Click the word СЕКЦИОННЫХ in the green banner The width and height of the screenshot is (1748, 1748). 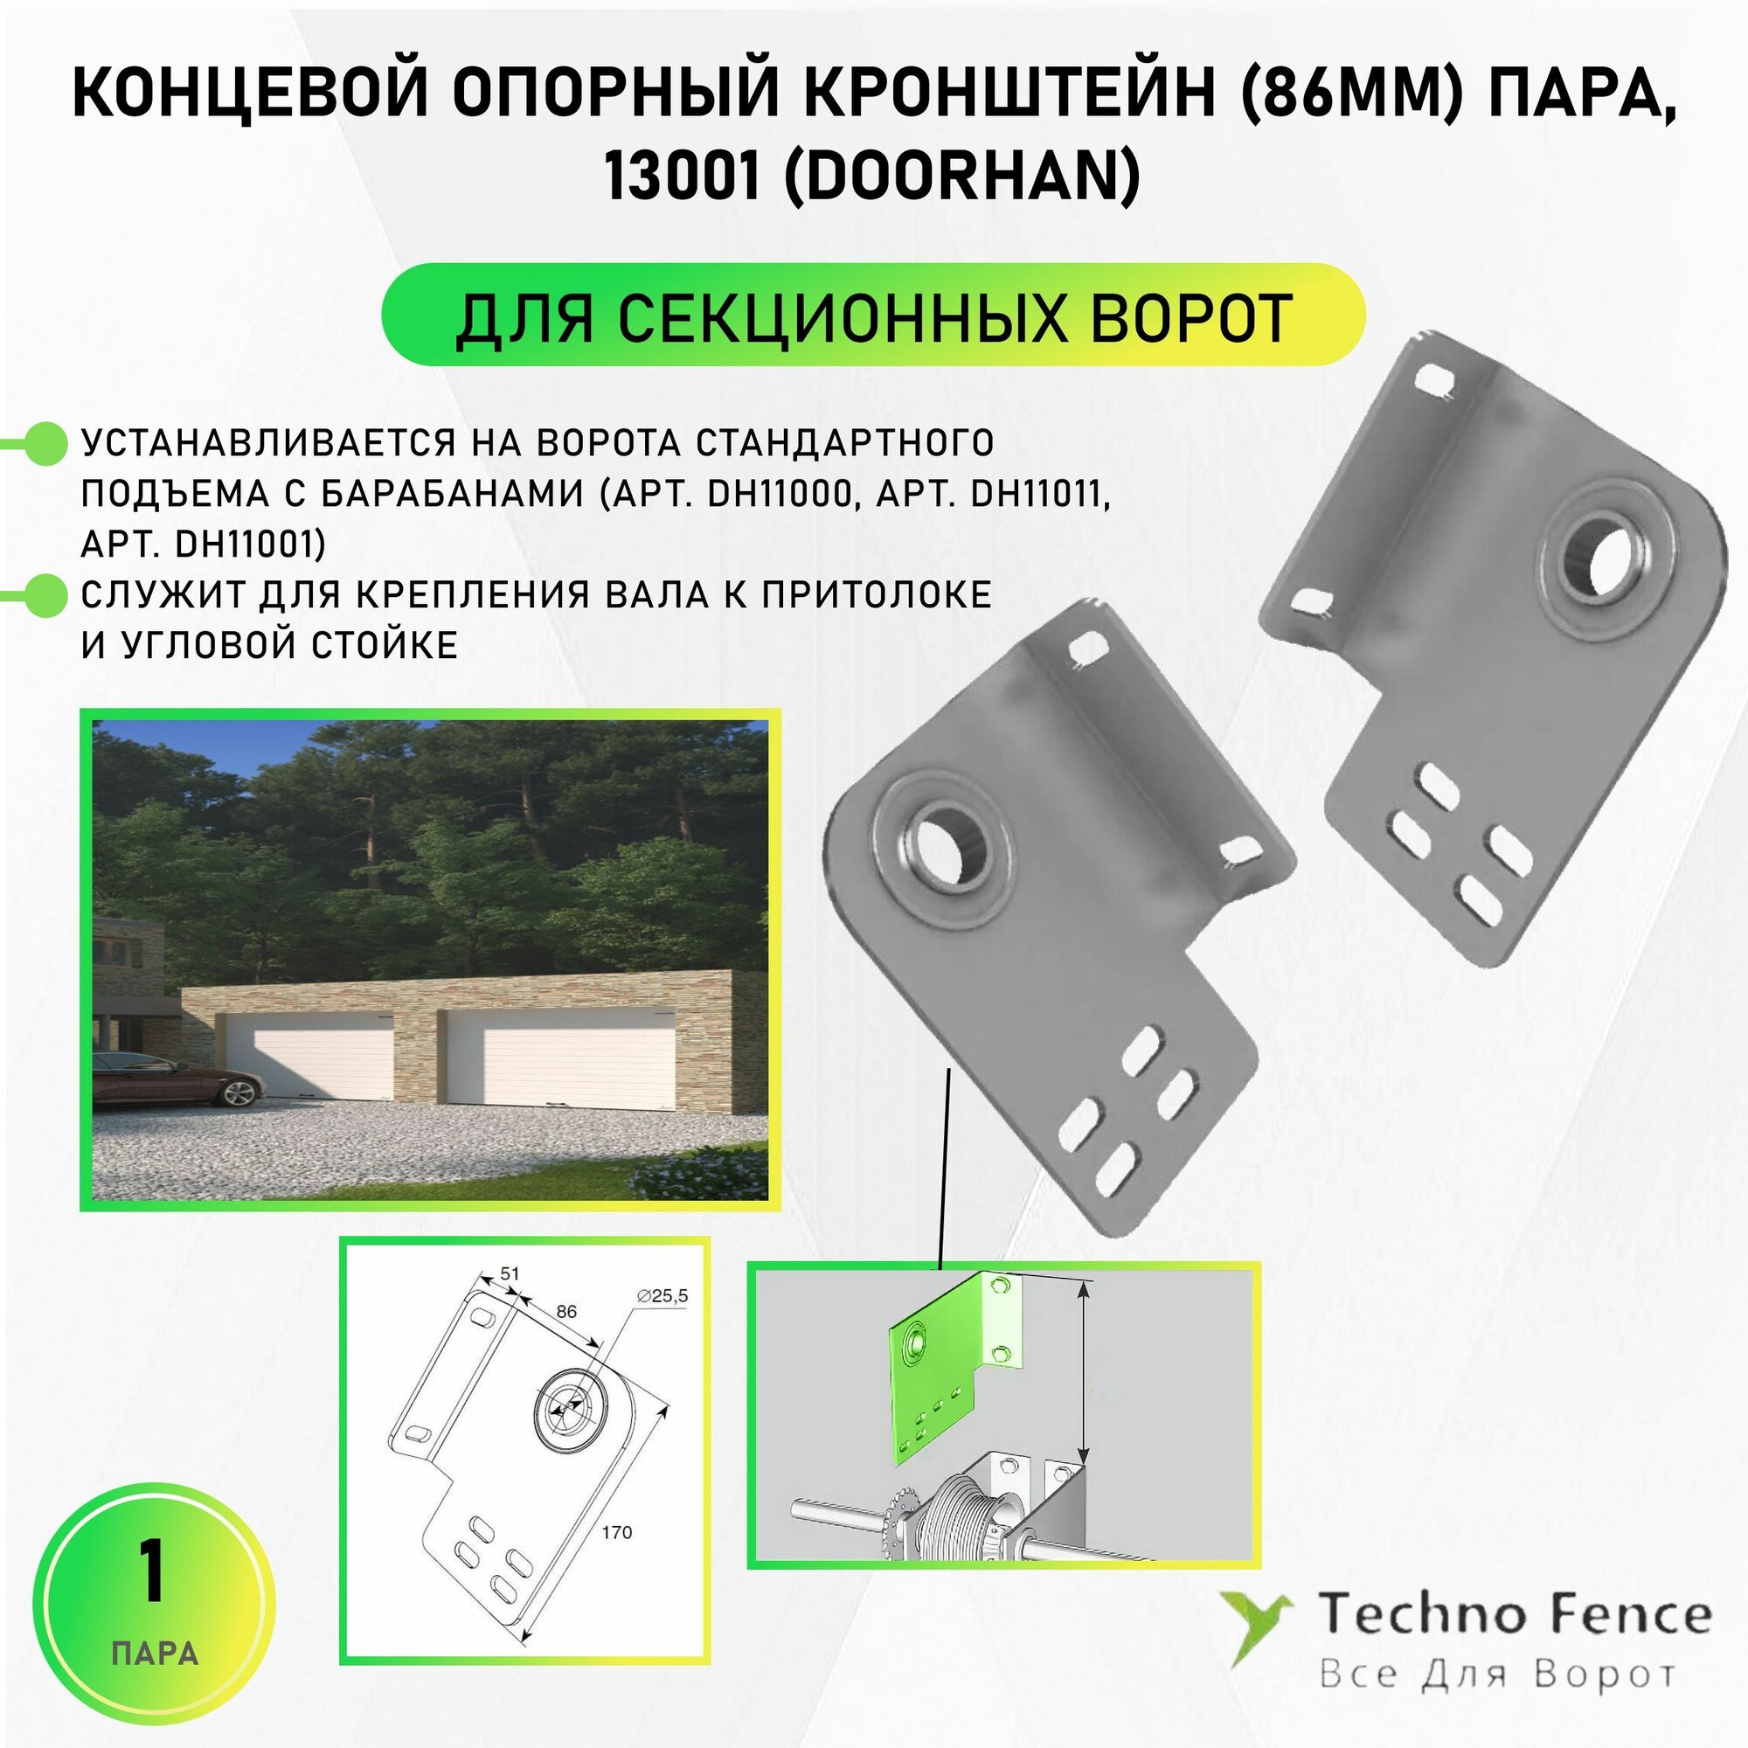click(831, 318)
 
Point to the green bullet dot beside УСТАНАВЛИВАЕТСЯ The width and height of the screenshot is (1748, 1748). click(43, 444)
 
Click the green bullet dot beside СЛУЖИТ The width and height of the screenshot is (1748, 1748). click(43, 596)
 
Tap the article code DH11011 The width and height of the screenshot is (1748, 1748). click(1040, 494)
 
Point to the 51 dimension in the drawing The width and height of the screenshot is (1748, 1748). click(510, 1273)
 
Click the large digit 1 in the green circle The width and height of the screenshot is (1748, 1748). click(152, 1572)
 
